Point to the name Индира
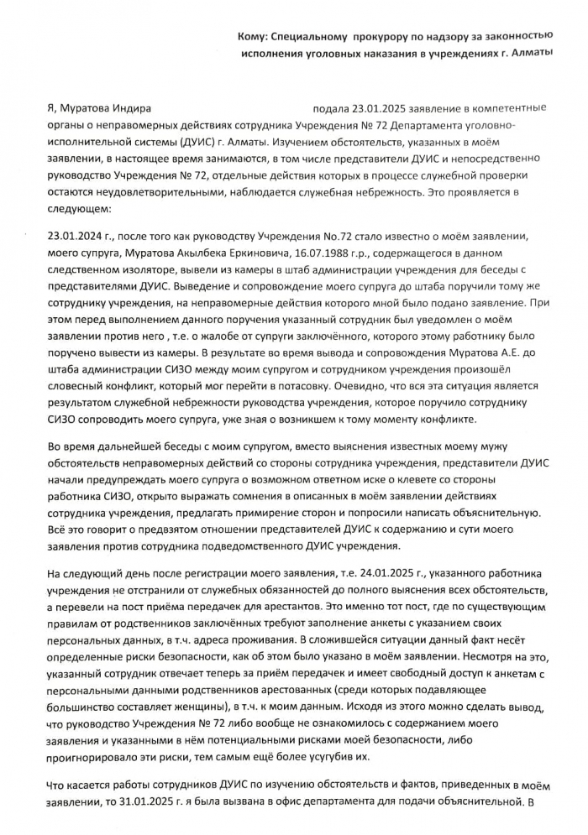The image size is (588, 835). click(129, 108)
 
